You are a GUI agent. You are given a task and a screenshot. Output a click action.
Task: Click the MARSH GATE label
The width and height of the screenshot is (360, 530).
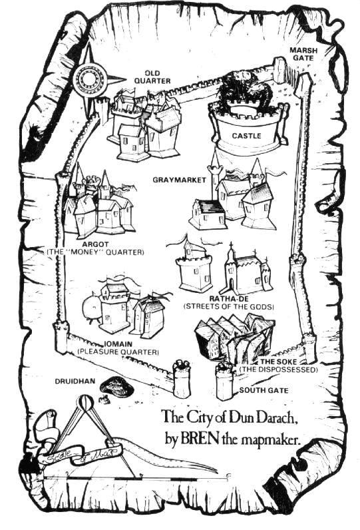pyautogui.click(x=303, y=54)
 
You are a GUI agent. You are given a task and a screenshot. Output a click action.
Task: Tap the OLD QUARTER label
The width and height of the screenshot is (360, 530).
pyautogui.click(x=152, y=77)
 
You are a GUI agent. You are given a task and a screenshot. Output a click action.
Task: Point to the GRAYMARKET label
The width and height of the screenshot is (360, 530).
pyautogui.click(x=179, y=180)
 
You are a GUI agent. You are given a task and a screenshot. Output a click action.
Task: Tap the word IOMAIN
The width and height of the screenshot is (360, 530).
pyautogui.click(x=118, y=344)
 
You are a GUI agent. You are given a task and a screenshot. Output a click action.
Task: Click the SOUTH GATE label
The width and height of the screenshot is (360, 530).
pyautogui.click(x=264, y=390)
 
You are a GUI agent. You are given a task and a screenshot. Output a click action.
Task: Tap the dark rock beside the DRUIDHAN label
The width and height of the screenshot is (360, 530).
pyautogui.click(x=116, y=386)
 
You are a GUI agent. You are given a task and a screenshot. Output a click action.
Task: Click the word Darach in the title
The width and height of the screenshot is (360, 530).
pyautogui.click(x=277, y=416)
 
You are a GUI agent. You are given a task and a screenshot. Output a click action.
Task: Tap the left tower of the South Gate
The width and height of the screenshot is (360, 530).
pyautogui.click(x=182, y=379)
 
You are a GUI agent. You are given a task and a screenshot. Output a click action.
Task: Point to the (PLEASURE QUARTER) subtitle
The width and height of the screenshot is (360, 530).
pyautogui.click(x=118, y=352)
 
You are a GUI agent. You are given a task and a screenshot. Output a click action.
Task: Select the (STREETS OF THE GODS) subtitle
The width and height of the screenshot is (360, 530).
pyautogui.click(x=228, y=306)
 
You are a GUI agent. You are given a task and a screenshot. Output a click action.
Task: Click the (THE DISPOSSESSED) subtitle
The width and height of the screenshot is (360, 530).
pyautogui.click(x=279, y=370)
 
